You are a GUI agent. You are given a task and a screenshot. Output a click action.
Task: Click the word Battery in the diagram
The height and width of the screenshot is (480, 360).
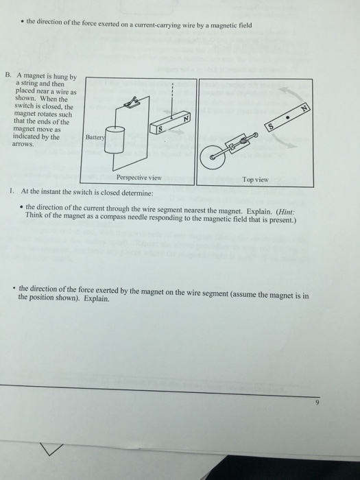(93, 137)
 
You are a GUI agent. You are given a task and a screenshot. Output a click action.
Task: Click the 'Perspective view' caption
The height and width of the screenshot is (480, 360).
(139, 177)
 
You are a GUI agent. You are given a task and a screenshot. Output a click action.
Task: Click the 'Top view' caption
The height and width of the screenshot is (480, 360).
(255, 180)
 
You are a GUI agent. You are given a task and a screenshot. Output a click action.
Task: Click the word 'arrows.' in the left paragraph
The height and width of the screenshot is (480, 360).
(25, 145)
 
